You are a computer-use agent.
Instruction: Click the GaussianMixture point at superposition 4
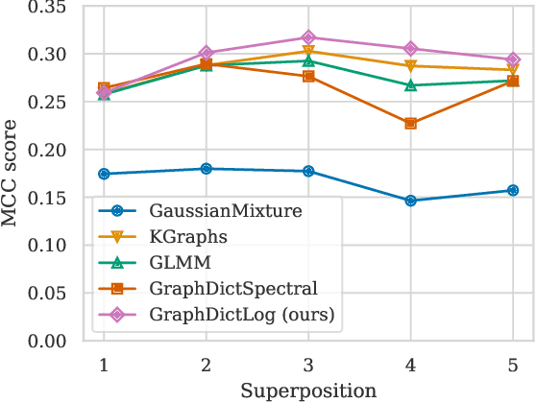click(411, 201)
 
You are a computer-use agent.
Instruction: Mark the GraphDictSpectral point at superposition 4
click(411, 124)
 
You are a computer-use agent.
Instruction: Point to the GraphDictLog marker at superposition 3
click(308, 37)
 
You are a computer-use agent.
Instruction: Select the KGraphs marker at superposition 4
click(411, 66)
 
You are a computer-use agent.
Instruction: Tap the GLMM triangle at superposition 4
click(411, 85)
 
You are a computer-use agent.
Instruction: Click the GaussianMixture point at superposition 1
click(104, 174)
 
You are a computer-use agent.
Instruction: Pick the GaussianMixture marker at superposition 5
click(513, 190)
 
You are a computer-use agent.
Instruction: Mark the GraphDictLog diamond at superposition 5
click(513, 59)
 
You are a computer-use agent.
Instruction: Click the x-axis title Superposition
click(307, 391)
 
